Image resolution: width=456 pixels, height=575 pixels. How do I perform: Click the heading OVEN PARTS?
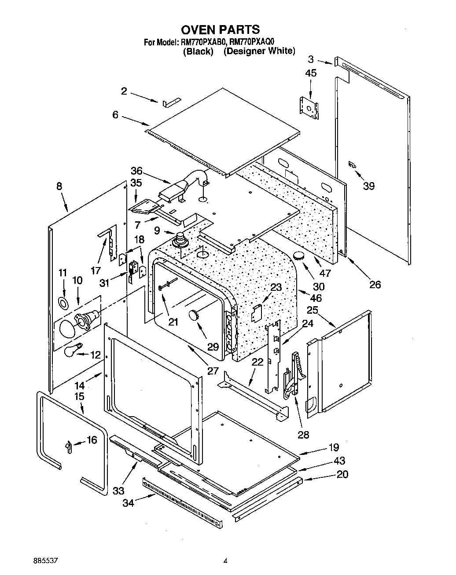[x=221, y=29]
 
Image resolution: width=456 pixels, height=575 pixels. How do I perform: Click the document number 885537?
[x=46, y=561]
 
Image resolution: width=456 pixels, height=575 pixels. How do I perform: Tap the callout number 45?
[x=310, y=73]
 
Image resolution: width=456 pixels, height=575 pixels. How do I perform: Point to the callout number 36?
[x=137, y=171]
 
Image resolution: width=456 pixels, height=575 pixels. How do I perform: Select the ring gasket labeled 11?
[x=63, y=302]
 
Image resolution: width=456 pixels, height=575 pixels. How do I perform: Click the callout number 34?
[x=127, y=503]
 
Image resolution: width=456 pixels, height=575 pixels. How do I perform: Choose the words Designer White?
[x=259, y=51]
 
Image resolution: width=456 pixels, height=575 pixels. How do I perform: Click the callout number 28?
[x=303, y=435]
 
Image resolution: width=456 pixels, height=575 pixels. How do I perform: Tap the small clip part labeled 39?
[x=351, y=164]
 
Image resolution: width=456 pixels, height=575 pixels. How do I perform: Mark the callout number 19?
[x=334, y=448]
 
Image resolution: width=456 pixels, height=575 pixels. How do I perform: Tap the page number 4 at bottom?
[x=225, y=561]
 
